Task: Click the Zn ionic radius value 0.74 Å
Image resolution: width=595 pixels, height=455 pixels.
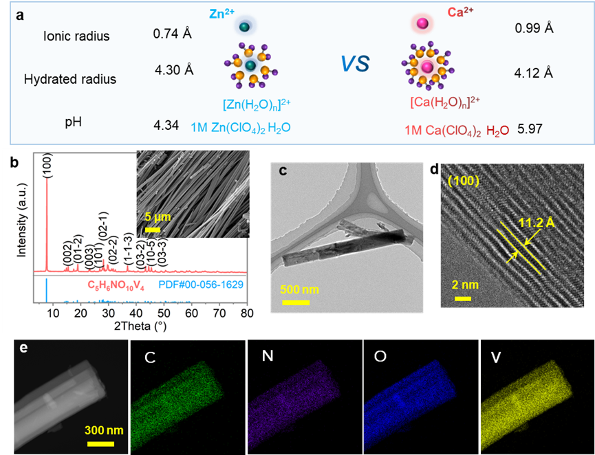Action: point(172,33)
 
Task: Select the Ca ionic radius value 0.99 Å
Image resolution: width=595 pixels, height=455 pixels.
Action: point(534,28)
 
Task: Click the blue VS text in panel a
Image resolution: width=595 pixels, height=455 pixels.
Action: point(355,65)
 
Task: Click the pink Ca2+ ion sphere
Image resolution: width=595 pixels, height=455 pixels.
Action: point(422,25)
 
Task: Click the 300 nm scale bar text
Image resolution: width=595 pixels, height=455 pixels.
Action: point(104,431)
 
